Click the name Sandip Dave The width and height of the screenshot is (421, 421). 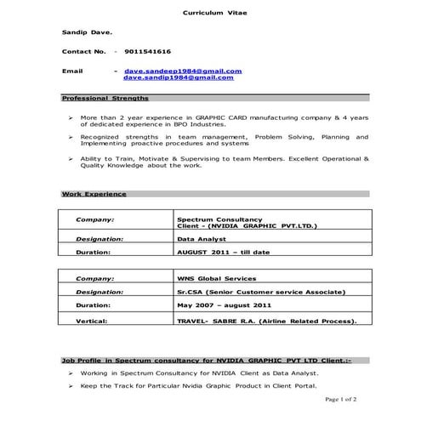tap(85, 31)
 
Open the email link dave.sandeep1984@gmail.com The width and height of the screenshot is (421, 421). tap(183, 71)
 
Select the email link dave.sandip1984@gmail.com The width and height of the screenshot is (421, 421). tap(178, 77)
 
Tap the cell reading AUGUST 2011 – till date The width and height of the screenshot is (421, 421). tap(222, 253)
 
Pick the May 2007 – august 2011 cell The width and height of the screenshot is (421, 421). tap(224, 304)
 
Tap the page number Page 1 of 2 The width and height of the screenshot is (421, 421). tap(340, 398)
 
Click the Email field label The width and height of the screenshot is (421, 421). tap(72, 71)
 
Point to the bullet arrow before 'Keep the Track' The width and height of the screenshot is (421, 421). tap(70, 386)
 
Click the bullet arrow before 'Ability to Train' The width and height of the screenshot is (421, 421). tap(70, 159)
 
